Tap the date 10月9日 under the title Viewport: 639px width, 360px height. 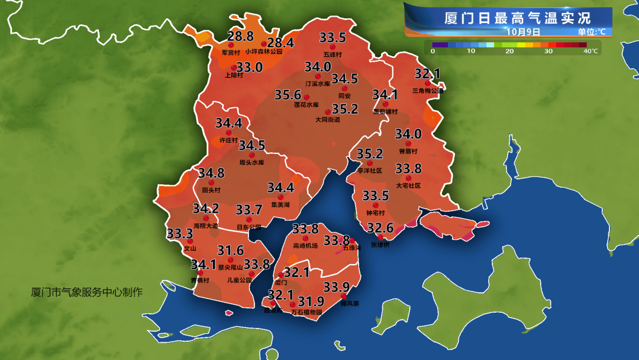tap(523, 31)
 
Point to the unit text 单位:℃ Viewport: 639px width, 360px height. tap(591, 32)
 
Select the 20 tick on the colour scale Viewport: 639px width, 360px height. tap(509, 52)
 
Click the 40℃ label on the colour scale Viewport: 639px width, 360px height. tap(590, 52)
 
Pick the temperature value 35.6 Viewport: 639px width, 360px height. tap(288, 95)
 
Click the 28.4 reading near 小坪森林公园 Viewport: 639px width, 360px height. tap(280, 43)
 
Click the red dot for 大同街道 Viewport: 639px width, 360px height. tap(328, 111)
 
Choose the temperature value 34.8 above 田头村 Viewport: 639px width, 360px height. tap(211, 173)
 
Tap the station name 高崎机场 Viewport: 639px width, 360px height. tap(305, 246)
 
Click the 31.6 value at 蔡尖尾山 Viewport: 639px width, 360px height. tap(231, 250)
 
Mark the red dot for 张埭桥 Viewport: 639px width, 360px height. tap(380, 237)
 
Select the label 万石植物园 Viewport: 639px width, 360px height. tap(307, 311)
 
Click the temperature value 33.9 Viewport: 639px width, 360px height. tap(336, 287)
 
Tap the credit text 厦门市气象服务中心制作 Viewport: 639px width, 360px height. tap(87, 292)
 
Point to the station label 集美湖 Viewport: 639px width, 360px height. tap(280, 205)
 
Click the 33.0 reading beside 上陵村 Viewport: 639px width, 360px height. tap(249, 67)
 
